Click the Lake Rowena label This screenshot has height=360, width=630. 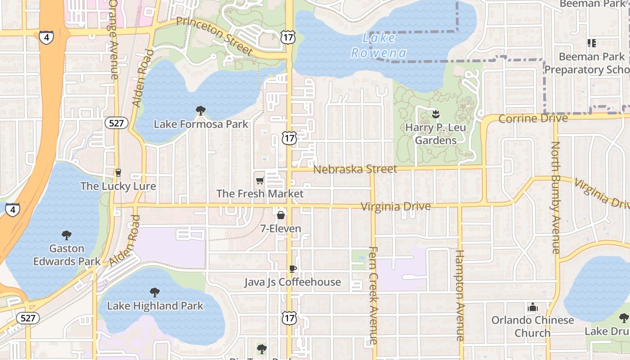pyautogui.click(x=378, y=46)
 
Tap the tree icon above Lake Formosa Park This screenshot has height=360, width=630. pyautogui.click(x=201, y=111)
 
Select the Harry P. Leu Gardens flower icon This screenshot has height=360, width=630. pyautogui.click(x=435, y=114)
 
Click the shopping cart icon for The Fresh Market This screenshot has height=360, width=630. pyautogui.click(x=260, y=181)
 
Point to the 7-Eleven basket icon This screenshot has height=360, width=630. pyautogui.click(x=281, y=216)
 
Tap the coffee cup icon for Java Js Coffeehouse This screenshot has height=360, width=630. pyautogui.click(x=292, y=269)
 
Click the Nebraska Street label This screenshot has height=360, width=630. pyautogui.click(x=355, y=169)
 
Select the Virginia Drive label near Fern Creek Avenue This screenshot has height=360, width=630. pyautogui.click(x=396, y=207)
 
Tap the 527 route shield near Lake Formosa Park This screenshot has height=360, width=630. pyautogui.click(x=116, y=123)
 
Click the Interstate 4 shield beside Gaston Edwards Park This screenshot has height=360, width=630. pyautogui.click(x=12, y=210)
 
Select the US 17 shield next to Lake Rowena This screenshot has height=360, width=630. pyautogui.click(x=288, y=37)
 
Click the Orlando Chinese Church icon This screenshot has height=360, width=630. pyautogui.click(x=532, y=308)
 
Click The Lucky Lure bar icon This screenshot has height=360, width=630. pyautogui.click(x=118, y=173)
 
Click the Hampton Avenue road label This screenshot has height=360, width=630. pyautogui.click(x=460, y=295)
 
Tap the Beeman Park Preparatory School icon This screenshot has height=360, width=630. pyautogui.click(x=592, y=43)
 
